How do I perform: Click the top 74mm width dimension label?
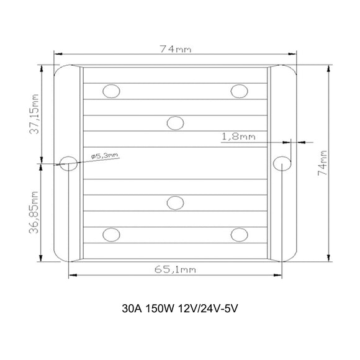(x=176, y=49)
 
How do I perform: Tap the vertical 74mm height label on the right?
(x=323, y=163)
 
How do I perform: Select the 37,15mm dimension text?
(x=34, y=114)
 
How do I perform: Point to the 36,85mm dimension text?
(x=34, y=212)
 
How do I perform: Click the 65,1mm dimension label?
(x=175, y=269)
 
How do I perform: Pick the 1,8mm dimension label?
(x=238, y=137)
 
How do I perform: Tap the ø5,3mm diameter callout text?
(x=105, y=156)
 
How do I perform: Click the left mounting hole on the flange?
(x=68, y=164)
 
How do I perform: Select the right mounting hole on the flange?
(x=282, y=164)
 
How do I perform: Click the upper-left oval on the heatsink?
(x=111, y=91)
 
